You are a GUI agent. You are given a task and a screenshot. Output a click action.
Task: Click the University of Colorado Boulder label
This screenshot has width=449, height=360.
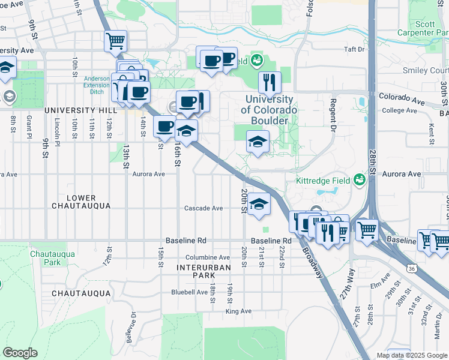[268, 110]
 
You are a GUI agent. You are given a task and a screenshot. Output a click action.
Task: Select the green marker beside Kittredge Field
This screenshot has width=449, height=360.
[359, 179]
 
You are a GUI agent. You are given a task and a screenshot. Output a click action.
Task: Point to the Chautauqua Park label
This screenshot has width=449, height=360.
[53, 258]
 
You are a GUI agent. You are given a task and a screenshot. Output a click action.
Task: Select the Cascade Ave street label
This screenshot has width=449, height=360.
[203, 208]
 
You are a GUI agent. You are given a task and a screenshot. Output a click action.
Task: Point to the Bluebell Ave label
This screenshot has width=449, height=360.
[189, 292]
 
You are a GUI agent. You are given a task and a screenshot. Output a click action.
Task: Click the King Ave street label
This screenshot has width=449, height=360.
[238, 311]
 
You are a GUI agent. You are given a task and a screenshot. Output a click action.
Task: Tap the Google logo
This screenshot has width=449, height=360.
[20, 353]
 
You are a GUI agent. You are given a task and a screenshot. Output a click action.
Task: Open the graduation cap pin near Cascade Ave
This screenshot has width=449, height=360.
[259, 205]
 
